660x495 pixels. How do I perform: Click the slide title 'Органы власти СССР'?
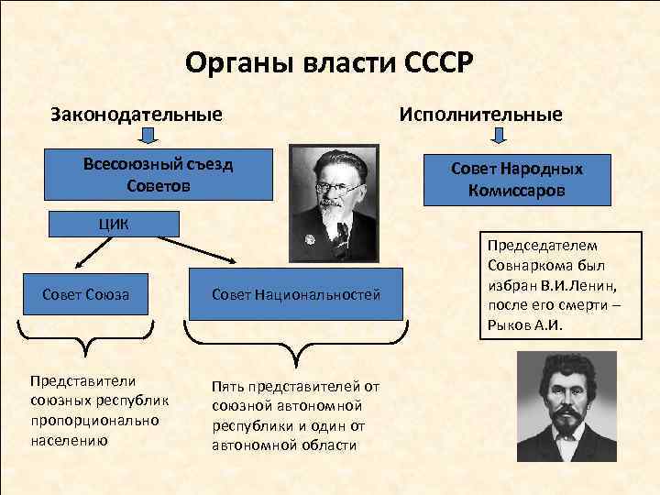click(329, 64)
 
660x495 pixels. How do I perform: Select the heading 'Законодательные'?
click(137, 115)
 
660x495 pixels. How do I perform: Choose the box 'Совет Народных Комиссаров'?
click(518, 180)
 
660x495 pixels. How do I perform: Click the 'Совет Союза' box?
click(85, 294)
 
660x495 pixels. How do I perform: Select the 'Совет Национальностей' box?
click(294, 294)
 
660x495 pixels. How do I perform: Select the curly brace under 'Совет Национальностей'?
click(294, 340)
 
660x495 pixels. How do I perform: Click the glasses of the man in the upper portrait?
click(332, 187)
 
